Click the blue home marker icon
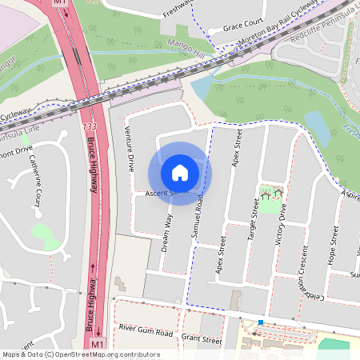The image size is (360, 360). pyautogui.click(x=180, y=172)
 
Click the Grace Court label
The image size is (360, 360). pyautogui.click(x=243, y=26)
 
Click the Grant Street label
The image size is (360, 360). pyautogui.click(x=202, y=340)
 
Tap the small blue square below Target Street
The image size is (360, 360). pyautogui.click(x=260, y=322)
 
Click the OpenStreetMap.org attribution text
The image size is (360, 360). pyautogui.click(x=104, y=354)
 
